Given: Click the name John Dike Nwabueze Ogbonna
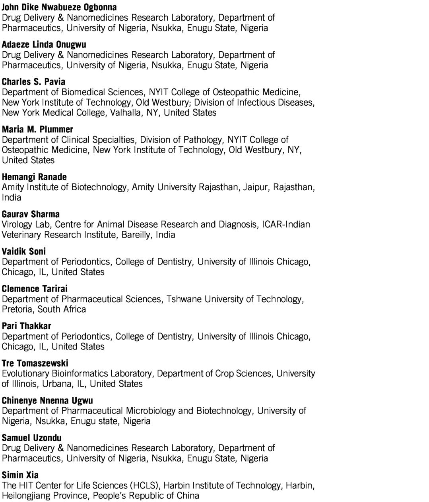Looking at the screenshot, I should (x=59, y=7).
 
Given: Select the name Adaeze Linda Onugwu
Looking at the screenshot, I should (x=44, y=44).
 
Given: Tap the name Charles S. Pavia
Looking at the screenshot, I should (x=33, y=82).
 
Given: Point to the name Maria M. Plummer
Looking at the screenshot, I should (x=37, y=129).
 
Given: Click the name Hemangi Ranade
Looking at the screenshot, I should (x=34, y=177).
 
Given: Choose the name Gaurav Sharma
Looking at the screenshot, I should (x=31, y=214).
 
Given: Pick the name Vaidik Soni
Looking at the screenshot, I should (x=23, y=251).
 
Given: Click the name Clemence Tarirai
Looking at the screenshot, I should (x=35, y=289).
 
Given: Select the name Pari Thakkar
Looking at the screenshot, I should (x=26, y=326).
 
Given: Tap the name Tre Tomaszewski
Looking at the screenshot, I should (x=35, y=363).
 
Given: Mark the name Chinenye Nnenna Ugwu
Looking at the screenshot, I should (x=47, y=400).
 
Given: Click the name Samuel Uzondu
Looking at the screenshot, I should (x=31, y=438).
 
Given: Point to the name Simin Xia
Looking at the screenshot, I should (x=20, y=475).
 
